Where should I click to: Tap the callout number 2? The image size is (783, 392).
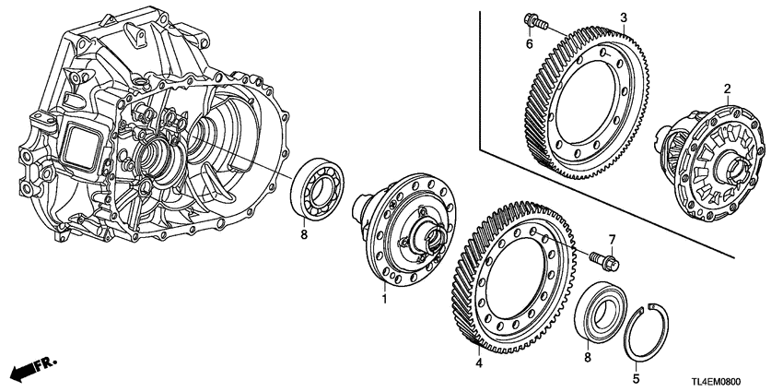(x=726, y=89)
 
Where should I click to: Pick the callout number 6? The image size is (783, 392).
(x=531, y=44)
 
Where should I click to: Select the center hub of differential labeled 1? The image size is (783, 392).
(x=427, y=235)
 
